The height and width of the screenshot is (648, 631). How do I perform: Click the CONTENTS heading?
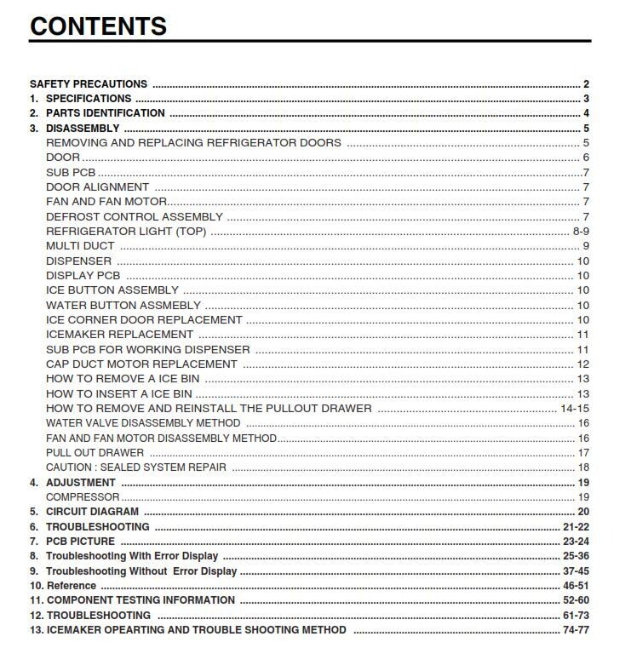[x=98, y=26]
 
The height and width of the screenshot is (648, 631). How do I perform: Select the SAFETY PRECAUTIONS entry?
[x=89, y=84]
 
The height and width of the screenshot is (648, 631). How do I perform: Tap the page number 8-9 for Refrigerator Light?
[x=581, y=232]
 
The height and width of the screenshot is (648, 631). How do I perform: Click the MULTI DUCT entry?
[x=80, y=246]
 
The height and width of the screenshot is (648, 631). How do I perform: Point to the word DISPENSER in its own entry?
[x=78, y=261]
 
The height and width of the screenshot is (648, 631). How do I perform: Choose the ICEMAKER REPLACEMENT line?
[x=119, y=335]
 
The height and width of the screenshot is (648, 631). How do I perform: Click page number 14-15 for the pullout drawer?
[x=575, y=409]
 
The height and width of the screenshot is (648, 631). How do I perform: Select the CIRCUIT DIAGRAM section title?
[x=92, y=512]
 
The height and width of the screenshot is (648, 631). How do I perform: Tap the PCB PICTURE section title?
[x=80, y=542]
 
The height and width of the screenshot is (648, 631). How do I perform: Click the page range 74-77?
[x=576, y=630]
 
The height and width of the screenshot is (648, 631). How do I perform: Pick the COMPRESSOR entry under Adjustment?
[x=83, y=497]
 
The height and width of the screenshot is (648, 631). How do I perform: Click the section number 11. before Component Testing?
[x=37, y=600]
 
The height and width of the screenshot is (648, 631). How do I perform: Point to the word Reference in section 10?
[x=72, y=586]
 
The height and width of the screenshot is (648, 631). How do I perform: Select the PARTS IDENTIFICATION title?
[x=106, y=113]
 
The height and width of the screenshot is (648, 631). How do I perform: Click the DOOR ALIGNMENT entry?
[x=97, y=187]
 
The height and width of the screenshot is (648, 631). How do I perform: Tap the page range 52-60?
[x=576, y=600]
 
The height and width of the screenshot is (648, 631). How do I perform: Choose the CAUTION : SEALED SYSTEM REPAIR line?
[x=136, y=467]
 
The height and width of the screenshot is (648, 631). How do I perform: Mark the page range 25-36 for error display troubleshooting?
[x=576, y=556]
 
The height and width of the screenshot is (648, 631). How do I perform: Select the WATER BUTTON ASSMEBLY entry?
[x=123, y=305]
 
